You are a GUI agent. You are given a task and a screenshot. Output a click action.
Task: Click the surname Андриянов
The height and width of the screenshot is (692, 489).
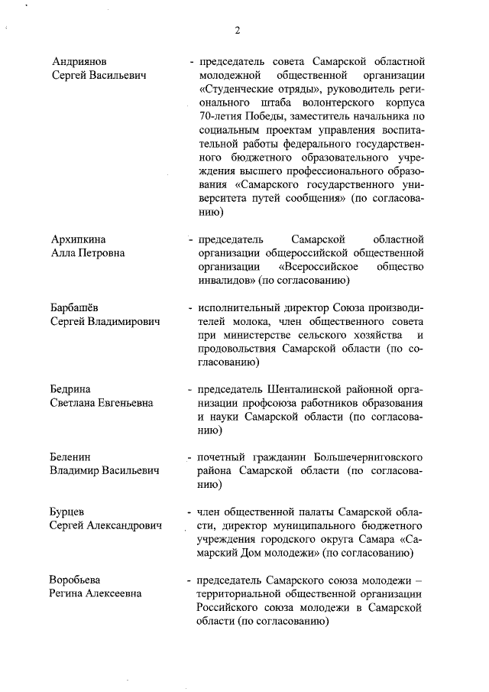click(x=79, y=60)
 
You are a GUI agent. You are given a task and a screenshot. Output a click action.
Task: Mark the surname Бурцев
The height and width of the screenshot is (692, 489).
click(x=67, y=511)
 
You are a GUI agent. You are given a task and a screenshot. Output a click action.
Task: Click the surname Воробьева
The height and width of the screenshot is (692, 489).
click(x=75, y=579)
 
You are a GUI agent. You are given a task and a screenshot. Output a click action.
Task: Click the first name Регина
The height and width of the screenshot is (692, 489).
click(x=70, y=593)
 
